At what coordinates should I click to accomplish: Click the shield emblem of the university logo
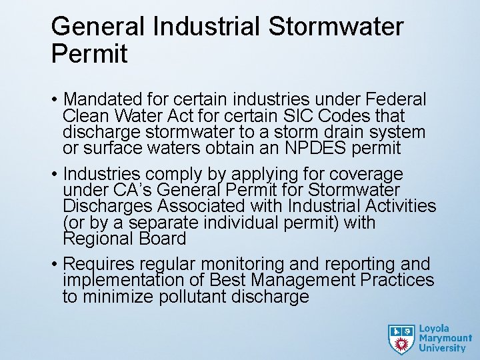point(401,339)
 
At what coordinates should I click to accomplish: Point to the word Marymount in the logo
point(443,339)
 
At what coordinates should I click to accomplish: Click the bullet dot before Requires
point(54,265)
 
